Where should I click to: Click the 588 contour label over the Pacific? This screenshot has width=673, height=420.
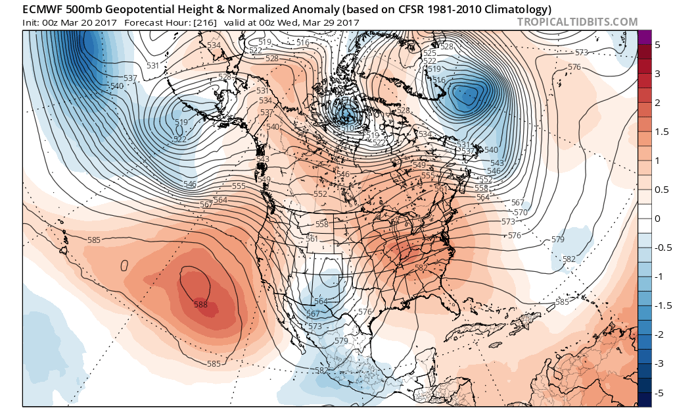[x=200, y=305]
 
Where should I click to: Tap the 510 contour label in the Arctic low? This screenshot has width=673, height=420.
[x=348, y=127]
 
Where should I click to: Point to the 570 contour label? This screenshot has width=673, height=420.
[x=521, y=212]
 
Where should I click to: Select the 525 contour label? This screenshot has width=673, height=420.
[x=430, y=53]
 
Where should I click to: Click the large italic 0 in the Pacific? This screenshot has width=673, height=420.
[x=123, y=266]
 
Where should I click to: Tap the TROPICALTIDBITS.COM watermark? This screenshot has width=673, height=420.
[x=577, y=22]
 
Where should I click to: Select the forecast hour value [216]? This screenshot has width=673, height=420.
[x=201, y=22]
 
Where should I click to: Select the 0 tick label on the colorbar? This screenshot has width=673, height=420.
[x=655, y=219]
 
